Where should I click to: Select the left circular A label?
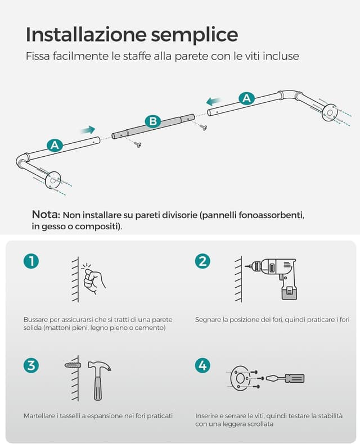pyautogui.click(x=55, y=145)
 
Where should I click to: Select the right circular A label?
pyautogui.click(x=246, y=98)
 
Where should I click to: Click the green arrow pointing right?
pyautogui.click(x=87, y=130)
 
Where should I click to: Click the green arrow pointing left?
pyautogui.click(x=213, y=101)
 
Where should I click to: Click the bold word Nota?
pyautogui.click(x=46, y=215)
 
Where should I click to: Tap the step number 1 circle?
pyautogui.click(x=31, y=261)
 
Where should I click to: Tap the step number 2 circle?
pyautogui.click(x=202, y=261)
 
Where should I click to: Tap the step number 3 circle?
pyautogui.click(x=31, y=365)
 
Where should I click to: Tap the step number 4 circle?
pyautogui.click(x=202, y=365)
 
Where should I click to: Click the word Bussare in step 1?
pyautogui.click(x=37, y=319)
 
